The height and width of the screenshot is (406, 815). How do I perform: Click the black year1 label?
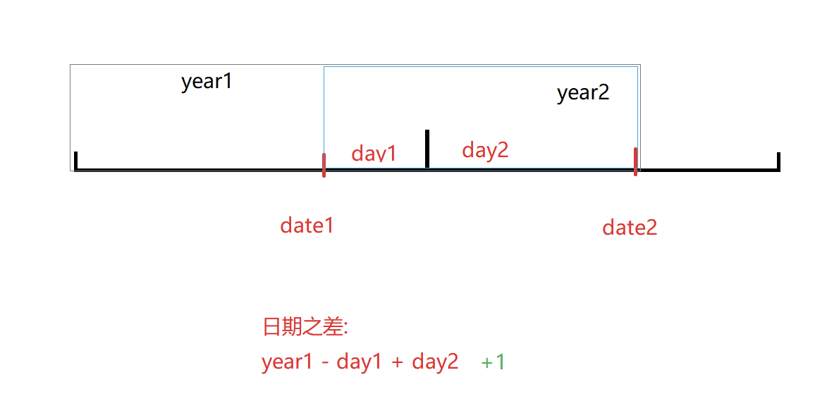coord(207,82)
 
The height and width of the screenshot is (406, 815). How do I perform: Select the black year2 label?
coord(583,93)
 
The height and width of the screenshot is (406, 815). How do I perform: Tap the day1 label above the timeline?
coord(374,153)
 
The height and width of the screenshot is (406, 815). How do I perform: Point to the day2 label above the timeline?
coord(485,149)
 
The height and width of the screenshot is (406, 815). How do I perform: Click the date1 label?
coord(307,226)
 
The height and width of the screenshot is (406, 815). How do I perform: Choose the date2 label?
coord(630,228)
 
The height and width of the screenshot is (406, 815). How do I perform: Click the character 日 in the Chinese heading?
coord(271,327)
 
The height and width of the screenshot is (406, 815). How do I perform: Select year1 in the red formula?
coord(286,362)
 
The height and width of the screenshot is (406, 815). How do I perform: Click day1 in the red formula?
coord(360,362)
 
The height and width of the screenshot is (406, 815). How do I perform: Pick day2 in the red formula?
coord(435,362)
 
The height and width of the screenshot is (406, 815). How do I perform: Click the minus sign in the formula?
coord(324,363)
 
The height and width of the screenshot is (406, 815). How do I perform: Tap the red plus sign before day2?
coord(397,363)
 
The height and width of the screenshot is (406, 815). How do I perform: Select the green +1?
coord(494,362)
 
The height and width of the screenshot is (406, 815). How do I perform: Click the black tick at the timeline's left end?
coord(75,161)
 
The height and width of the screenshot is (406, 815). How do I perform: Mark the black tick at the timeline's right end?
coord(778,161)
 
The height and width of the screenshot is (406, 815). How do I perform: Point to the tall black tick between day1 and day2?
coord(427,148)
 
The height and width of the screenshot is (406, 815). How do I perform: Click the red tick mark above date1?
coord(324,165)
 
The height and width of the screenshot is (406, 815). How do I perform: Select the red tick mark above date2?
coord(635,161)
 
